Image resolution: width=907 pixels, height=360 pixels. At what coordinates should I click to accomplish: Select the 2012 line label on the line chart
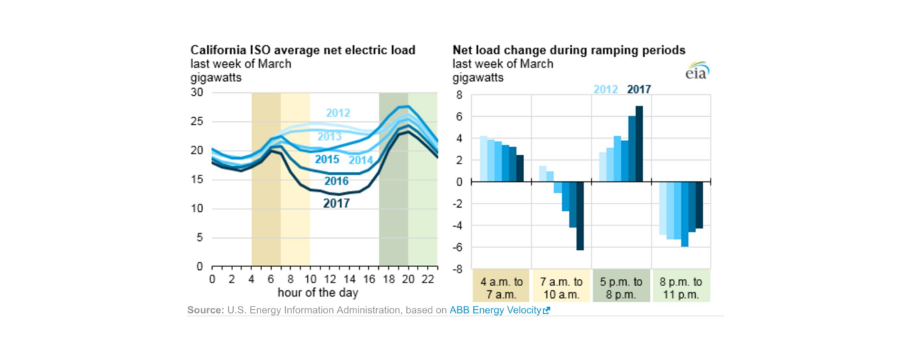[338, 113]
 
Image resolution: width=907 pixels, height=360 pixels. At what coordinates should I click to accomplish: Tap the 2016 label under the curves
[337, 181]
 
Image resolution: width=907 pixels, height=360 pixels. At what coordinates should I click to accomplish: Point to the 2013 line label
[330, 136]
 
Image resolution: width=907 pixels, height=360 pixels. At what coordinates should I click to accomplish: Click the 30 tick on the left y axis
[198, 92]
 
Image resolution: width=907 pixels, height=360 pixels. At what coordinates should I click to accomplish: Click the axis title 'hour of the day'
[318, 292]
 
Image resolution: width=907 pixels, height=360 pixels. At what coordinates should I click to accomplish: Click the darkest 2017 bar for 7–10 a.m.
[580, 216]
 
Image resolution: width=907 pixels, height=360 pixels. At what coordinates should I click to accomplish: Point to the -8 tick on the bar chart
[458, 269]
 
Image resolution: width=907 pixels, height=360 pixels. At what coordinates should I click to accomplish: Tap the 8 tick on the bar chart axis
[459, 95]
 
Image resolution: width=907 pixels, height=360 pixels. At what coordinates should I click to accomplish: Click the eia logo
[697, 71]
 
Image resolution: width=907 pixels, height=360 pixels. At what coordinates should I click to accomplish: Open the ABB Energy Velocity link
[499, 310]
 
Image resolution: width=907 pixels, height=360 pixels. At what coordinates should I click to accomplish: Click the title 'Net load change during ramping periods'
[568, 50]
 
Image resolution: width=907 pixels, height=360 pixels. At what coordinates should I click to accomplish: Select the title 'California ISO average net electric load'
[303, 50]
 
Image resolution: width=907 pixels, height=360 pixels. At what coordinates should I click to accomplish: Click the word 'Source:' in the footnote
[204, 310]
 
